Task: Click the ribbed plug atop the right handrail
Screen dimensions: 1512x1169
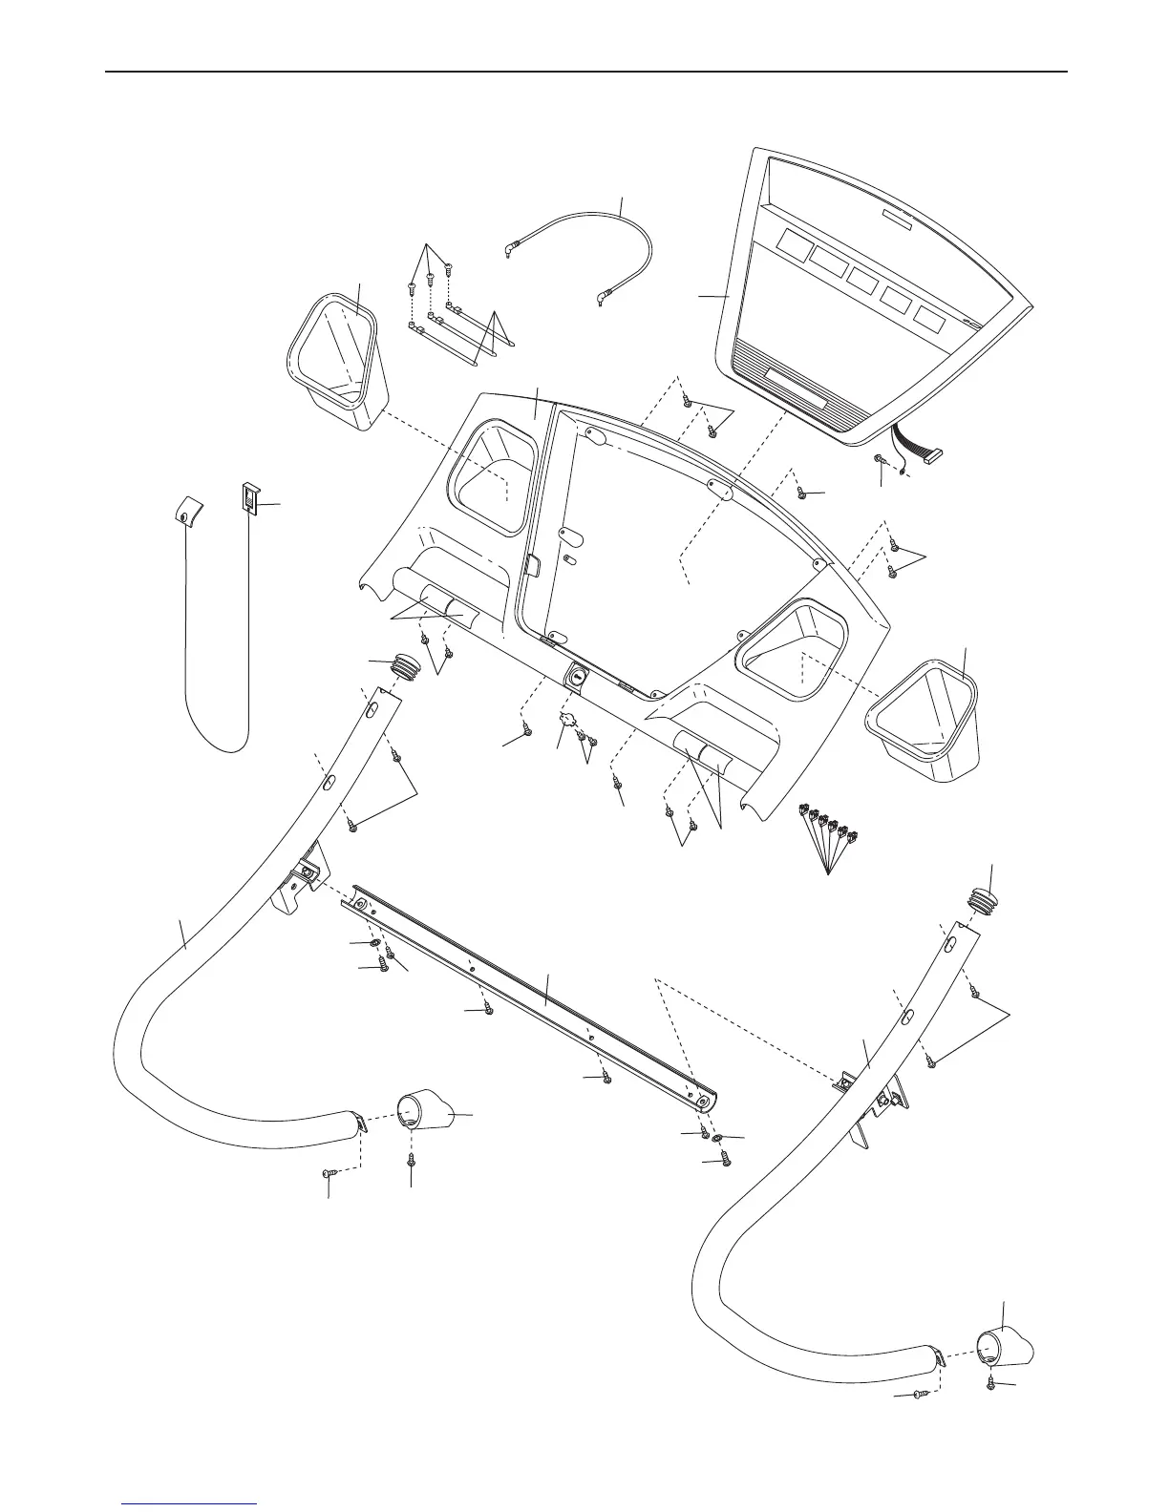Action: coord(986,900)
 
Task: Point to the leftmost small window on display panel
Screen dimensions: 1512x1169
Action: coord(792,246)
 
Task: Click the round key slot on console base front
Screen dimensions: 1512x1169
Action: coord(578,676)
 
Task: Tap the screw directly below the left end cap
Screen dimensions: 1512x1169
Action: coord(412,1159)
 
